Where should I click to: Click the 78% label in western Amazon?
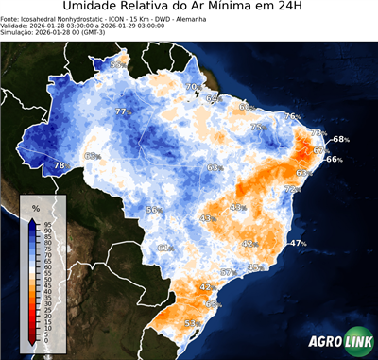click(60, 165)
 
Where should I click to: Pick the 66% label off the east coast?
click(334, 160)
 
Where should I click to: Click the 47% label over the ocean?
click(298, 243)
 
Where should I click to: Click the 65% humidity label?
click(214, 304)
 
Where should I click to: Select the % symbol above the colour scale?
click(35, 207)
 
